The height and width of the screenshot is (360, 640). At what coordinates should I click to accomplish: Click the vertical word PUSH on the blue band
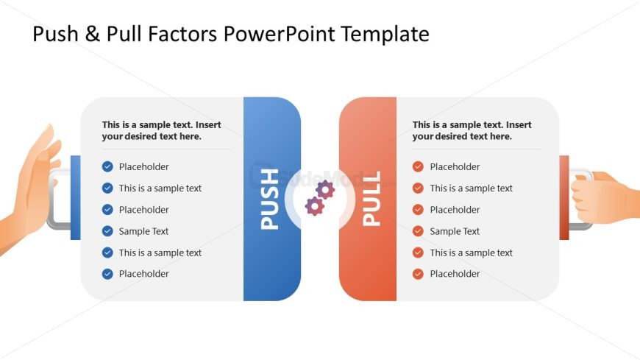coord(271,199)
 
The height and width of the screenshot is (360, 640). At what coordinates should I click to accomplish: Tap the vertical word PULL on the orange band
coord(371,199)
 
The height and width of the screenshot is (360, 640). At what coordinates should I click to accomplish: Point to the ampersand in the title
coord(90,34)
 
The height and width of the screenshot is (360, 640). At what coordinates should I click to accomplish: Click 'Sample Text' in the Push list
coord(143,231)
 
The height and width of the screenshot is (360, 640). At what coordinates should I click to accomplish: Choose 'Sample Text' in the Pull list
coord(454,231)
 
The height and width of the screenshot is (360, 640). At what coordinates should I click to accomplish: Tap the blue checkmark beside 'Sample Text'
coord(107,231)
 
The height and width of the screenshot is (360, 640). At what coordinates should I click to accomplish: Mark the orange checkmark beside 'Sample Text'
coord(418,231)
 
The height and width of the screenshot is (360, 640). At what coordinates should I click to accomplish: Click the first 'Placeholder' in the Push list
coord(143,167)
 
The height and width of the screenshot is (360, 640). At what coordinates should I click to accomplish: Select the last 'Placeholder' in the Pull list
coord(454,274)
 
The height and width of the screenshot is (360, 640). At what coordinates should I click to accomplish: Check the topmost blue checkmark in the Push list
coord(107,167)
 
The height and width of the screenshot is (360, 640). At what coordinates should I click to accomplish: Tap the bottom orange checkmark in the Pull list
coord(418,274)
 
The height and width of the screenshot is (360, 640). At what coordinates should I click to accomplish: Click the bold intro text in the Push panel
coord(162,130)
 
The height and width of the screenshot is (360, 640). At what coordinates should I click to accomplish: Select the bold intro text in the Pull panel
coord(472,130)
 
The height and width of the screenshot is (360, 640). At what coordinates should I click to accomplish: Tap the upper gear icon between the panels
coord(324,190)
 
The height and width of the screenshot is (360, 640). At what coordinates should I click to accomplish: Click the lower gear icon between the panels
coord(314,206)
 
